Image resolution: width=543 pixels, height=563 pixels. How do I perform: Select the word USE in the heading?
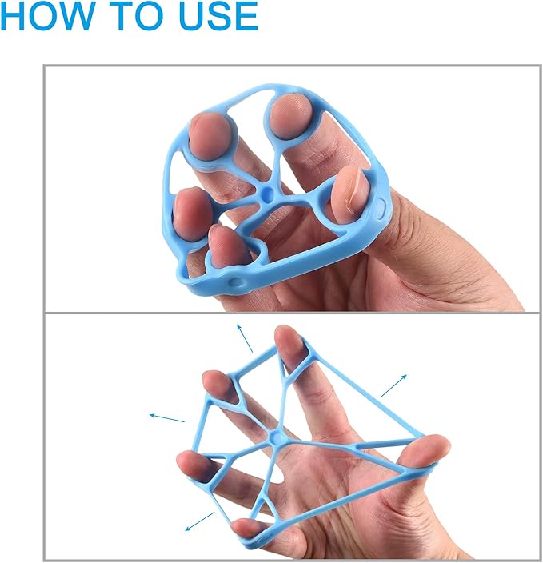pyautogui.click(x=218, y=15)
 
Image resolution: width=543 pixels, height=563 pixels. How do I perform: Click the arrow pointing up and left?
pyautogui.click(x=245, y=337)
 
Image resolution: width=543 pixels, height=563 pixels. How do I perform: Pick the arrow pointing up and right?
pyautogui.click(x=394, y=385)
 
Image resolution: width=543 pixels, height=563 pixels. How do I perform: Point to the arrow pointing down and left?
pyautogui.click(x=200, y=521)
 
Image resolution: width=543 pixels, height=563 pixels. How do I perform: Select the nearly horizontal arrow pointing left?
pyautogui.click(x=167, y=417)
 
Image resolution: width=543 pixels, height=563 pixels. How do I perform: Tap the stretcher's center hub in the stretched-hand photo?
pyautogui.click(x=277, y=437)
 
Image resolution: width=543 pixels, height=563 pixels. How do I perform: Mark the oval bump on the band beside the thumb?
pyautogui.click(x=381, y=210)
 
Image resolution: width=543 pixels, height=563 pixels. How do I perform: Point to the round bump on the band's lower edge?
pyautogui.click(x=235, y=281)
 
